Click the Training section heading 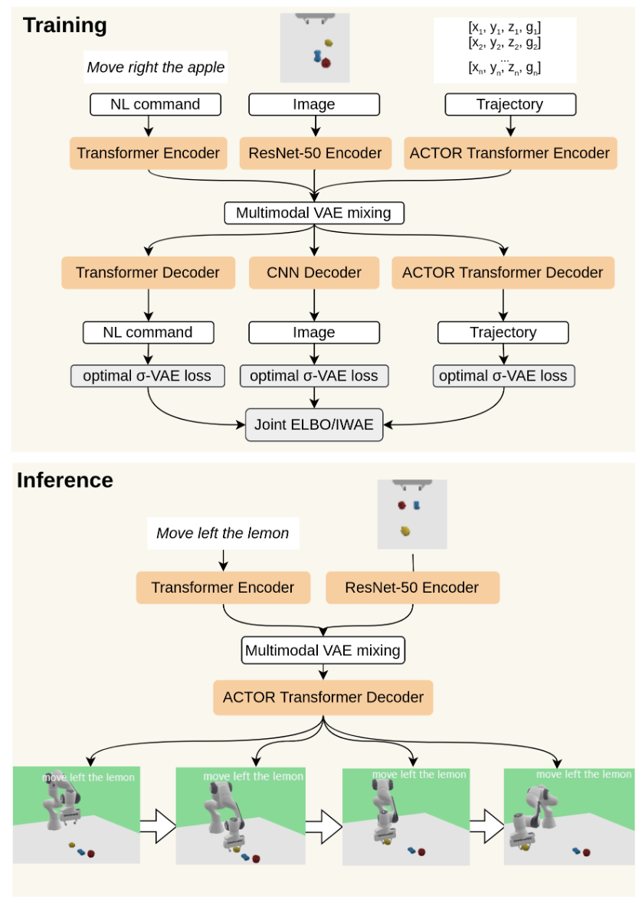click(64, 25)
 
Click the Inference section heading click(65, 480)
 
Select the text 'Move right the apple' click(156, 67)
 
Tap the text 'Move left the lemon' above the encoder click(222, 533)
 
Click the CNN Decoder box click(315, 272)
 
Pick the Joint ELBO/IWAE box click(315, 424)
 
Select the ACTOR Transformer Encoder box click(509, 153)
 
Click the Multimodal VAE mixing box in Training click(314, 212)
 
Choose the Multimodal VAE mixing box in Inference click(323, 651)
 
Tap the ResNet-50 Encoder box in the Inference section click(412, 587)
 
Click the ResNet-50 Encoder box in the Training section click(315, 153)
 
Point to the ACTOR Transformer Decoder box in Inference click(323, 698)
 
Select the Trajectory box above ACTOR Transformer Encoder click(509, 104)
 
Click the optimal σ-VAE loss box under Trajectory click(503, 376)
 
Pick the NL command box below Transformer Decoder click(148, 332)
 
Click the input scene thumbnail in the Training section click(315, 47)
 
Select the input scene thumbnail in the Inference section click(412, 514)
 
